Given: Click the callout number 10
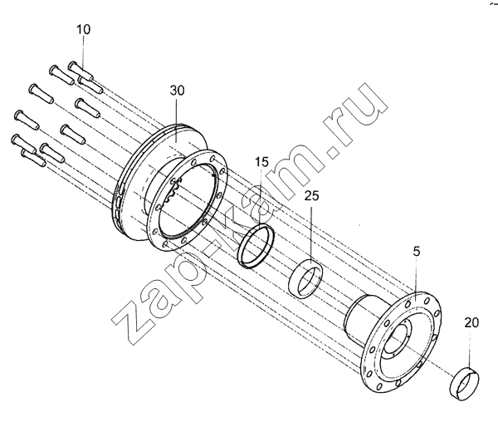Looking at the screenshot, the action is pyautogui.click(x=83, y=29).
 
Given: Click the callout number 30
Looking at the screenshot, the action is pyautogui.click(x=177, y=91).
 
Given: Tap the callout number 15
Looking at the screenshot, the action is pyautogui.click(x=261, y=162).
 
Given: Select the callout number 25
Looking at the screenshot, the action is pyautogui.click(x=311, y=196).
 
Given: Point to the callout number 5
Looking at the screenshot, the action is pyautogui.click(x=417, y=243).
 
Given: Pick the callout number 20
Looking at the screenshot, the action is pyautogui.click(x=471, y=323).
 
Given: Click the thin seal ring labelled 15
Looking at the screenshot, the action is pyautogui.click(x=256, y=246).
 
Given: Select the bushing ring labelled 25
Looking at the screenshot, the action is pyautogui.click(x=305, y=278).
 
